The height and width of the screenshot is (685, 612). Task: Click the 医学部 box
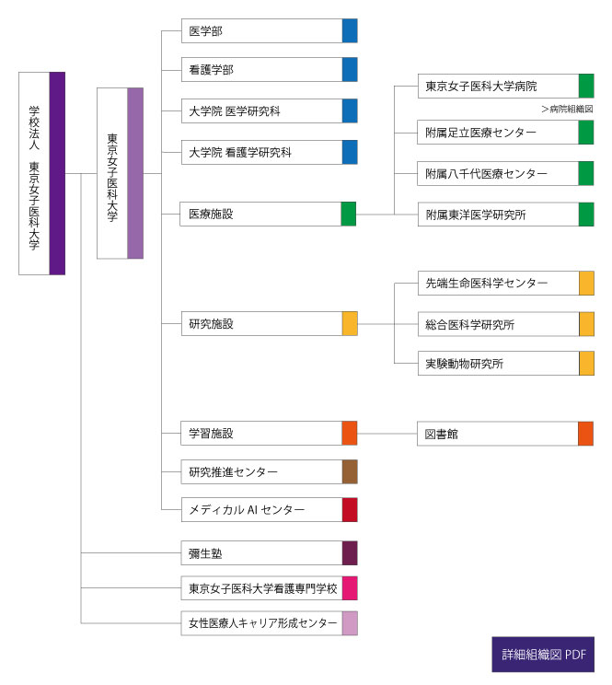click(270, 30)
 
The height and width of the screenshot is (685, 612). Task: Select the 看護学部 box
click(270, 69)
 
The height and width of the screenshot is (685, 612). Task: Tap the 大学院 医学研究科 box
click(270, 111)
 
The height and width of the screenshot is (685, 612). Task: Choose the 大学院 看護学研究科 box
click(270, 152)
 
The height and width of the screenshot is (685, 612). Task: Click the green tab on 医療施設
click(349, 214)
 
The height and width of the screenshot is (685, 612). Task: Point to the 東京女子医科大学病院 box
click(506, 86)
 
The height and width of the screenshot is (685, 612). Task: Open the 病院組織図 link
click(567, 109)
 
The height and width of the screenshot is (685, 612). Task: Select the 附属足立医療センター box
click(505, 132)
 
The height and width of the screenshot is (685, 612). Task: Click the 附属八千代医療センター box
click(505, 173)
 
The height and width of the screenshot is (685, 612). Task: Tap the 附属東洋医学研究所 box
click(506, 214)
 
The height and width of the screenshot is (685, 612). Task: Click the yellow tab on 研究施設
click(350, 323)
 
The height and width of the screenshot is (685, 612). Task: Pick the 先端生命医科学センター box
click(506, 283)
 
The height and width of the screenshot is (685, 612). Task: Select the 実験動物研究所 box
click(506, 363)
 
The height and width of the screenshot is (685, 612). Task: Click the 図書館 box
click(505, 434)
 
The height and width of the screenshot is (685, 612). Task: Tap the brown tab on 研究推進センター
click(350, 471)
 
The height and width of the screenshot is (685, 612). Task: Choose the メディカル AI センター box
click(270, 509)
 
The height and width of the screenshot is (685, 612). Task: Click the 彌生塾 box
click(270, 553)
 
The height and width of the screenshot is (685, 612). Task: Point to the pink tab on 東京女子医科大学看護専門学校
click(350, 588)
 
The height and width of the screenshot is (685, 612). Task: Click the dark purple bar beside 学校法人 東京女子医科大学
click(57, 173)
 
